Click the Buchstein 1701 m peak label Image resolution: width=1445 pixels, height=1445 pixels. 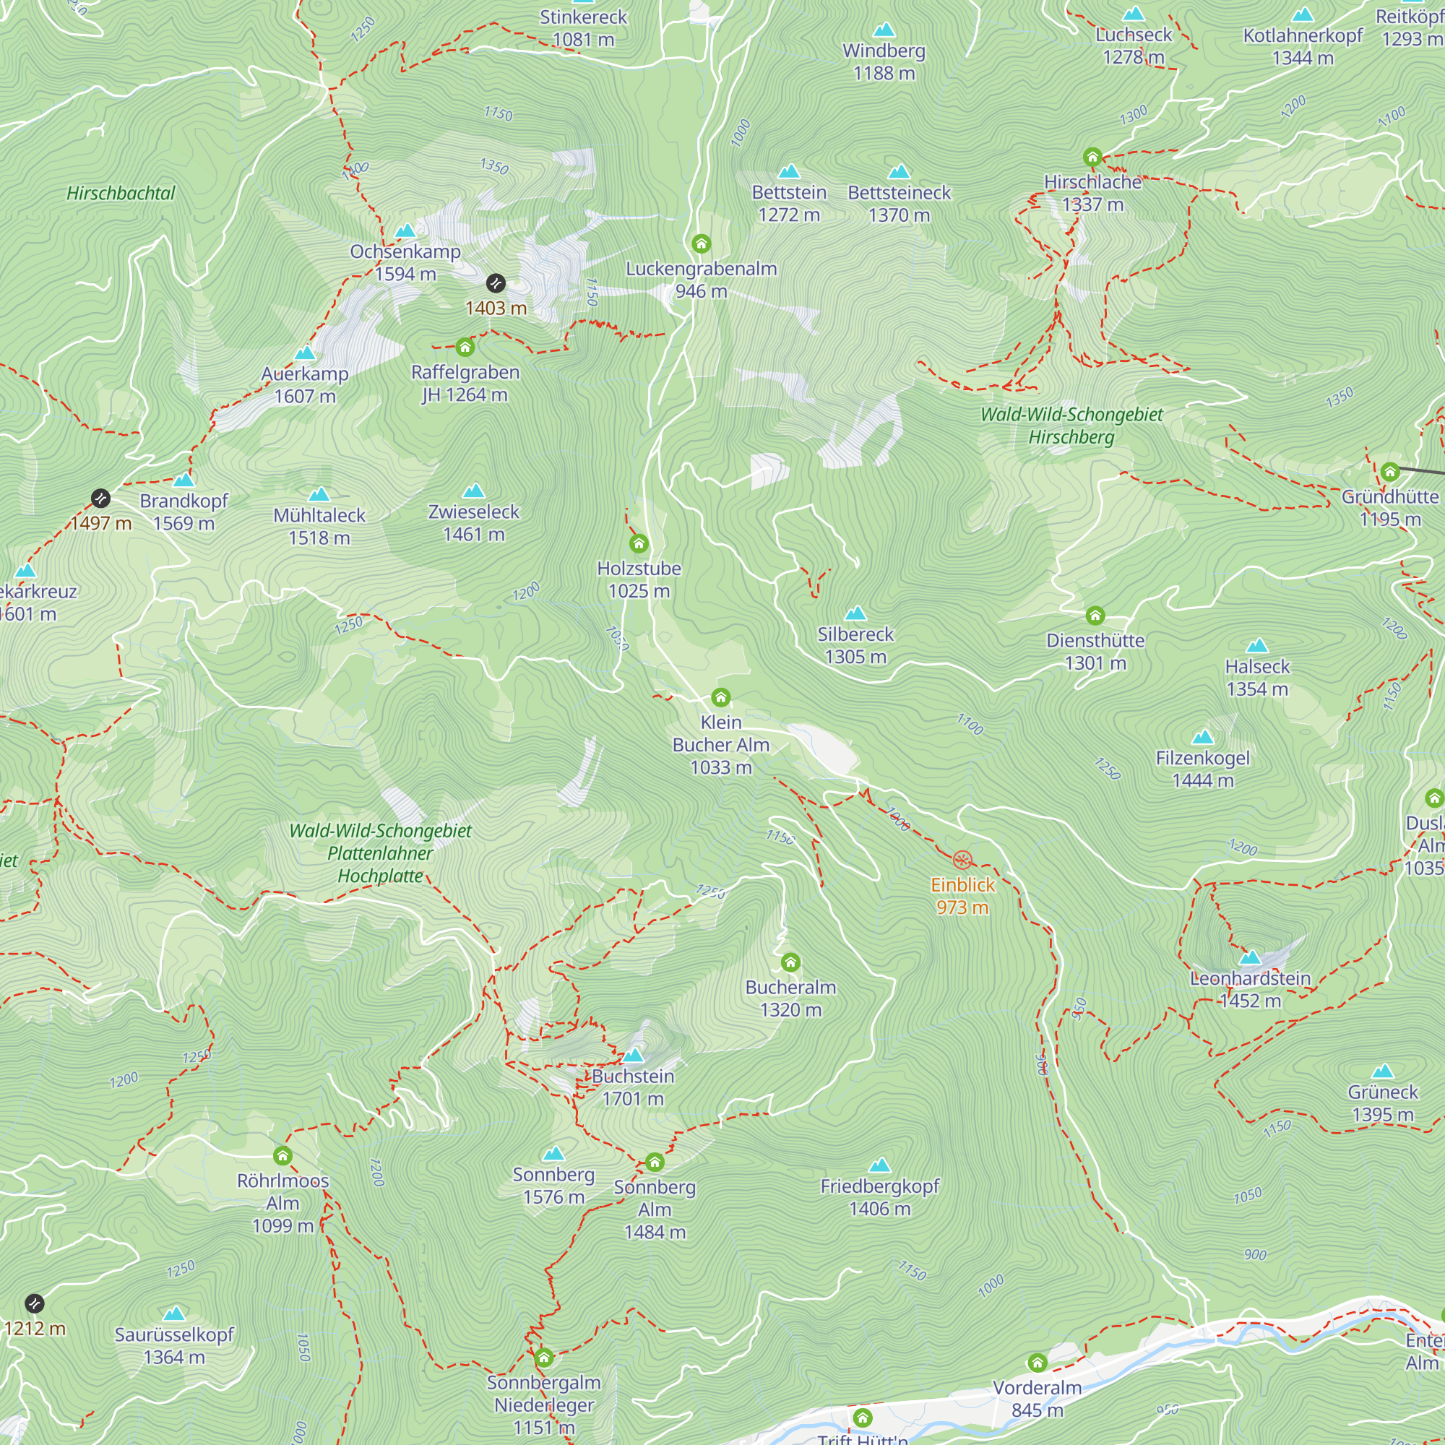tap(633, 1087)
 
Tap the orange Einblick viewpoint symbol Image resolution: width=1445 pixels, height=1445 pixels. tap(962, 859)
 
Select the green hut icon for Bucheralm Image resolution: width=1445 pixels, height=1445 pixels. tap(790, 962)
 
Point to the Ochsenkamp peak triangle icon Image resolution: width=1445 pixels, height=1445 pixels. tap(405, 230)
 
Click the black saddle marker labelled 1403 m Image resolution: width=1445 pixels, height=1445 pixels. tap(496, 283)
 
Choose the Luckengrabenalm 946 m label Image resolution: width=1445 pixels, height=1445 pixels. tap(701, 280)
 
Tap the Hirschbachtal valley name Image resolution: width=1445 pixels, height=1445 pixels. tap(121, 194)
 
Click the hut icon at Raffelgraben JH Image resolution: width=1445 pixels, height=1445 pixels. tap(465, 347)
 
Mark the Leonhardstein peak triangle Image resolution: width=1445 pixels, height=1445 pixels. tap(1250, 957)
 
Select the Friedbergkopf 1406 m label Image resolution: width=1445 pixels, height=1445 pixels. tap(879, 1197)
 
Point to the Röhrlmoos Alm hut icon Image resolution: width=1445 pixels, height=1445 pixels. tap(282, 1156)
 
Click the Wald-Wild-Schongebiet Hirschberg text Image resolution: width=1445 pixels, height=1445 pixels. tap(1071, 426)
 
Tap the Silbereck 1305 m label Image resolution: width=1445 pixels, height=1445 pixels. tap(855, 645)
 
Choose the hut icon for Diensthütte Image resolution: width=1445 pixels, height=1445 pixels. tap(1095, 616)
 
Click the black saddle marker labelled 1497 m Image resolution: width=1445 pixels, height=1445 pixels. tap(101, 498)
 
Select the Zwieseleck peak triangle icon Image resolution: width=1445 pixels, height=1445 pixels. tap(473, 491)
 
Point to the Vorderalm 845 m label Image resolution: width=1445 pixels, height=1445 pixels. tap(1037, 1399)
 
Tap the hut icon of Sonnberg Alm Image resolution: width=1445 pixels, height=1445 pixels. tap(655, 1163)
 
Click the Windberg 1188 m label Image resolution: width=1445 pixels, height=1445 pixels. tap(884, 62)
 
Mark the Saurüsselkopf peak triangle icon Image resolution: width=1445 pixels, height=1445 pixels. tap(174, 1314)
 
